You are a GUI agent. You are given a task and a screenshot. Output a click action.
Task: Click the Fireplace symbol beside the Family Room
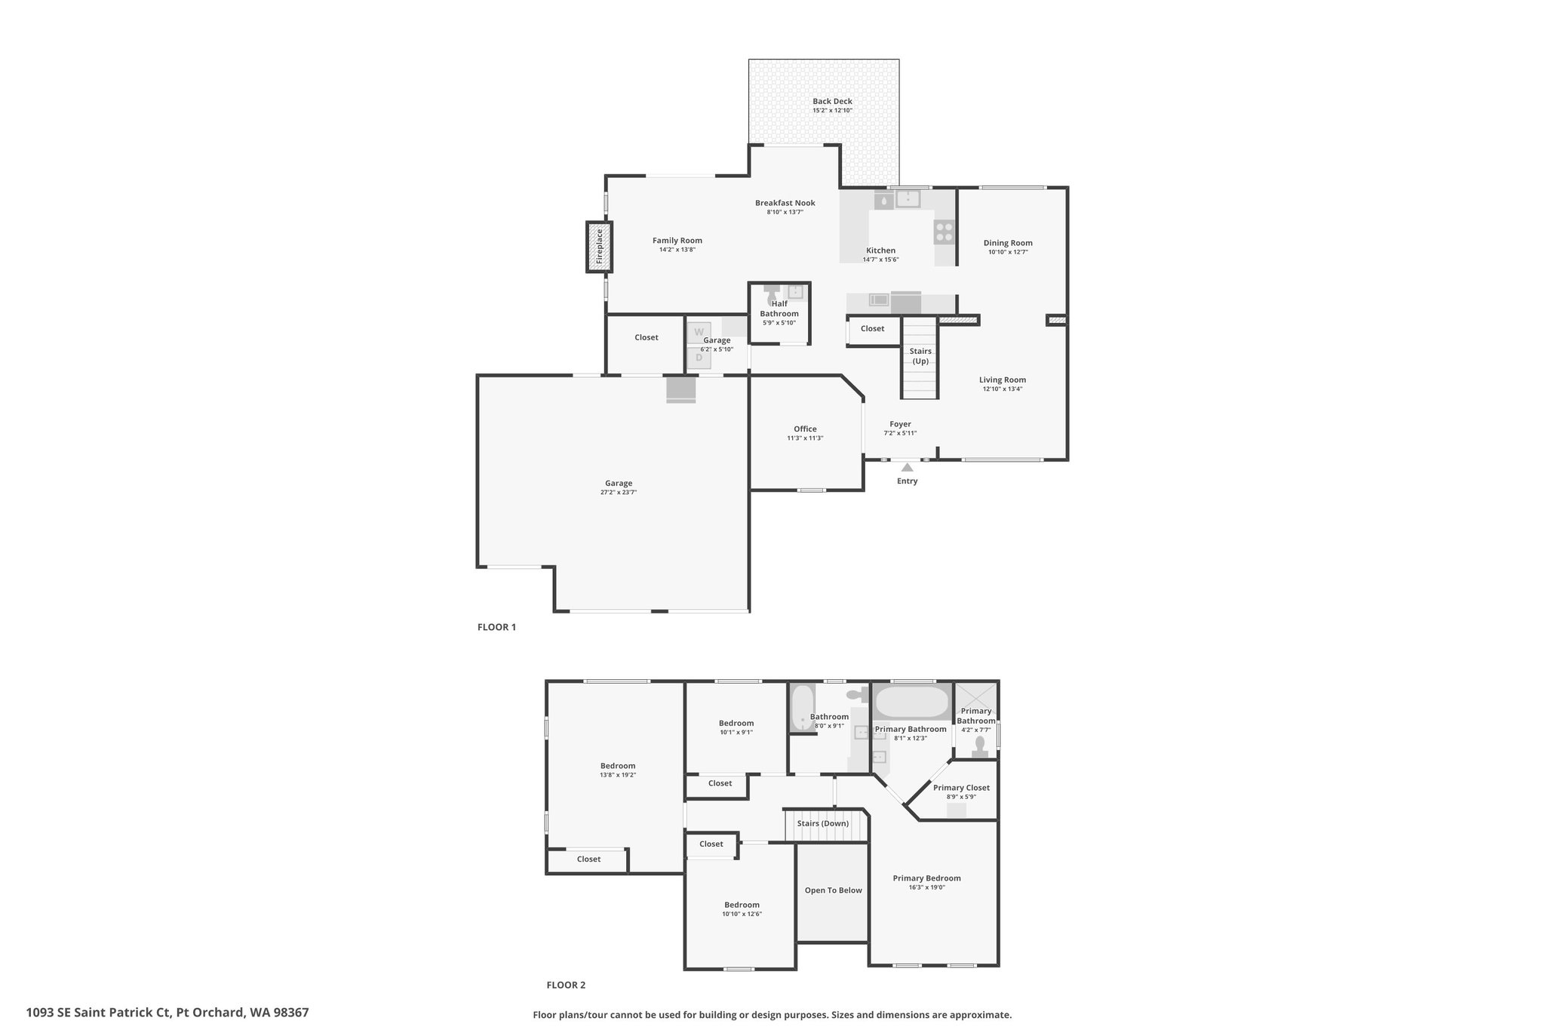(600, 247)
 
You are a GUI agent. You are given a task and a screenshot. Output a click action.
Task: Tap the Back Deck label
(832, 101)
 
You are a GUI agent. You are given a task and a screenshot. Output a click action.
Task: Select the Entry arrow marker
(907, 467)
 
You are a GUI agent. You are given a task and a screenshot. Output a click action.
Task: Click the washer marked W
(699, 333)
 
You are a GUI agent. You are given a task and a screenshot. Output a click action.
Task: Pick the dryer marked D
(699, 358)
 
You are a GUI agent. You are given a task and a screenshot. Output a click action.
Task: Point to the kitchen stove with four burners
(945, 231)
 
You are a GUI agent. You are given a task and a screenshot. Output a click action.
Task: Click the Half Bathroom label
(779, 309)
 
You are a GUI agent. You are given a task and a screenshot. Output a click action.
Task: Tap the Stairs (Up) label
(920, 356)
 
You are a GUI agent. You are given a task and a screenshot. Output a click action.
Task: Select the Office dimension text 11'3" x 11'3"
(805, 438)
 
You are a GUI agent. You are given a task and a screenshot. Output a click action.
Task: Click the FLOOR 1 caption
(496, 627)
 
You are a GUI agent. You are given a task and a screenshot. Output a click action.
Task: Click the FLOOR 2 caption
(566, 985)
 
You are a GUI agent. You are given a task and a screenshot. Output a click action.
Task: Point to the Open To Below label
(833, 890)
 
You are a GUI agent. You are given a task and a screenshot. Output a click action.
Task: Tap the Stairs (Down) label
(823, 823)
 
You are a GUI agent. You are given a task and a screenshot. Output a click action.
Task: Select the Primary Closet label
(961, 788)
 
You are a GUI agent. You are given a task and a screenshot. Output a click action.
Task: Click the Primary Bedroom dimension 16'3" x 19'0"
(927, 887)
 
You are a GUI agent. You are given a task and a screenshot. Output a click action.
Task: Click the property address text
(167, 1013)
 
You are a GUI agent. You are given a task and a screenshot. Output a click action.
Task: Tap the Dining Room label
(1008, 243)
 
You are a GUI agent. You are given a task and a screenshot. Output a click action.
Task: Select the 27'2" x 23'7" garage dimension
(619, 493)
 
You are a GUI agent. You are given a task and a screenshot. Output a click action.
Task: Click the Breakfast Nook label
(785, 203)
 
